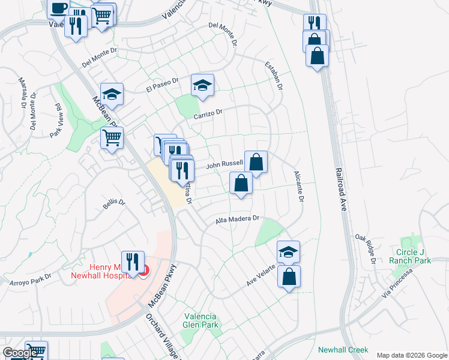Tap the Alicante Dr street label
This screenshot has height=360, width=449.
pos(298,186)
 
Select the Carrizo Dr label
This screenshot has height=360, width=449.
pos(208,112)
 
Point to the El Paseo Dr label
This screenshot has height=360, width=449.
pos(162,85)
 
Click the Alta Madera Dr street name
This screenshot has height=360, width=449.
pos(237,220)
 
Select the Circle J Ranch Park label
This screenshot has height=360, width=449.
pos(414,256)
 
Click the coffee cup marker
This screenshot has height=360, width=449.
pos(58,8)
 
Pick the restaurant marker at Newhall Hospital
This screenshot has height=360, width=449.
pos(132,262)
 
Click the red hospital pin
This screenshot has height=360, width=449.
pos(144,272)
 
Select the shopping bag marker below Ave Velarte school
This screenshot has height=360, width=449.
pos(289,277)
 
